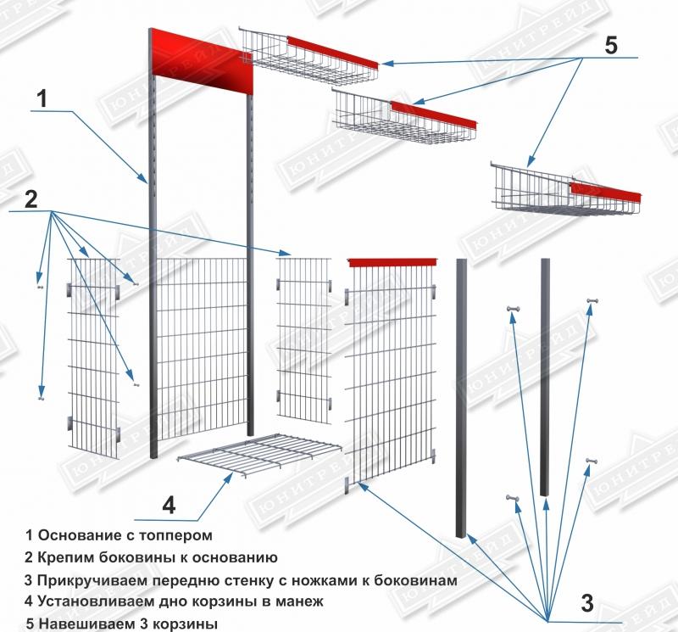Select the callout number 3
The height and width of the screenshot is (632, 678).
pos(586,603)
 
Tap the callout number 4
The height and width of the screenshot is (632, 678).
pos(169,505)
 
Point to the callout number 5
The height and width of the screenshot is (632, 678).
pos(611,45)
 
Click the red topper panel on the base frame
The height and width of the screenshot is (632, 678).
pos(204,64)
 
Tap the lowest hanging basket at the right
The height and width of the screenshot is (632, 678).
pos(564,191)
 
